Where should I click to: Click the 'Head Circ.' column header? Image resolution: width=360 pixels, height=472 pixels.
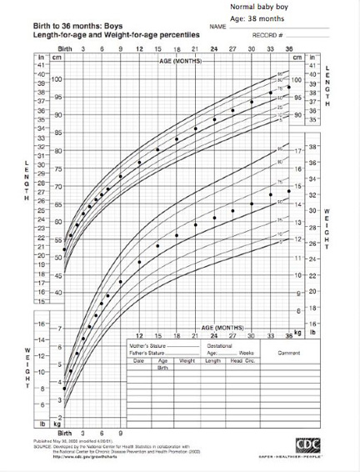tap(237, 360)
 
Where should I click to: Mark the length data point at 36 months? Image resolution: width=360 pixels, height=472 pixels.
tap(289, 88)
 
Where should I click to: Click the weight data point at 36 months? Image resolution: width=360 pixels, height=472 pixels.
tap(289, 191)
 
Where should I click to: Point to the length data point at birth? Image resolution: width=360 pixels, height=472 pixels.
tap(64, 249)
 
